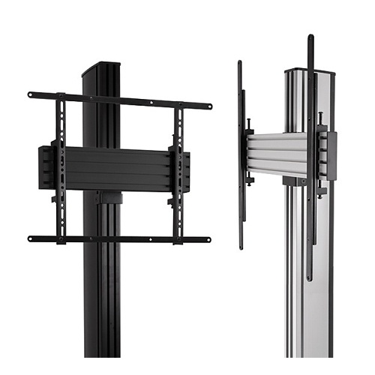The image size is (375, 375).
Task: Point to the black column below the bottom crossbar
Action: pyautogui.click(x=102, y=300)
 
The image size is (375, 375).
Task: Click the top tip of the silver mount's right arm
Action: pyautogui.click(x=310, y=37)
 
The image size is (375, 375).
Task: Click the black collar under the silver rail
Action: pyautogui.click(x=294, y=181)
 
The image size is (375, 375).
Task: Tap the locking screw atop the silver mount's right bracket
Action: pyautogui.click(x=321, y=116)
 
